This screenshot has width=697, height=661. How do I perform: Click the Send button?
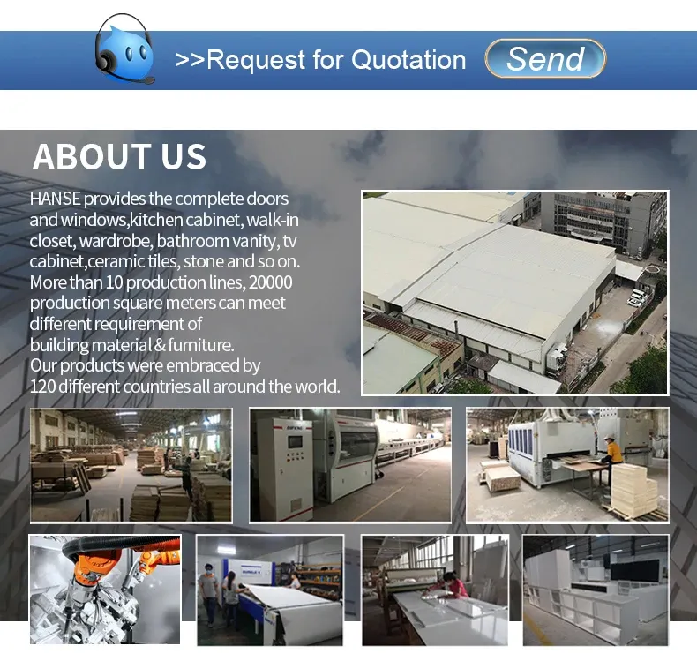[545, 59]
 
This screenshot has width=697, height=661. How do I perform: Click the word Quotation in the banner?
[408, 60]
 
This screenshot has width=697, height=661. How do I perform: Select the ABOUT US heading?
[119, 157]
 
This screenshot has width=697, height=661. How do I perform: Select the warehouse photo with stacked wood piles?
[131, 465]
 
